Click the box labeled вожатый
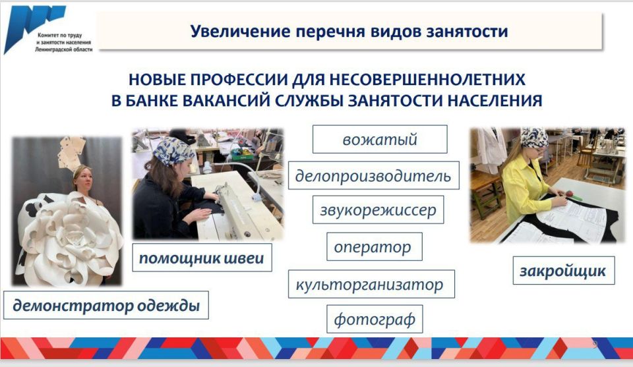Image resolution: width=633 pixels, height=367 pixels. [380, 139]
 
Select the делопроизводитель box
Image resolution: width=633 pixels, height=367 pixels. [373, 175]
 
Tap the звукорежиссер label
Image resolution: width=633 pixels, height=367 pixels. [378, 210]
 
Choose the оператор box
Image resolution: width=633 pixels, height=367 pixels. [375, 246]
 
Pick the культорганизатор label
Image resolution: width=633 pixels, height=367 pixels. [371, 284]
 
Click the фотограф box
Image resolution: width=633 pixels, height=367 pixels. [375, 319]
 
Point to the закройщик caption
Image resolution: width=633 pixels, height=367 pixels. [564, 270]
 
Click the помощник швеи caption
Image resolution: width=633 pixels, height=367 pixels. [202, 258]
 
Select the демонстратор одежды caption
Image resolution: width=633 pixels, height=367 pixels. [105, 305]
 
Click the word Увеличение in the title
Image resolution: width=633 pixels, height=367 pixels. [240, 31]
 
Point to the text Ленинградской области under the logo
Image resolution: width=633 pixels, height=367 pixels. [64, 49]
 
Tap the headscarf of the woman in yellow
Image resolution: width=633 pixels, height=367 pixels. [533, 137]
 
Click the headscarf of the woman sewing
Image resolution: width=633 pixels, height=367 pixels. [173, 150]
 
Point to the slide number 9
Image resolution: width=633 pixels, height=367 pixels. [595, 345]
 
